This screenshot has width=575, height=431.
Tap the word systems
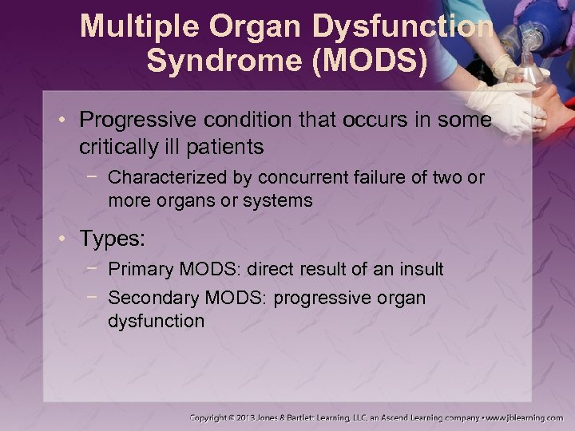pos(277,200)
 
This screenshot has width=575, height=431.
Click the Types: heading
pos(111,238)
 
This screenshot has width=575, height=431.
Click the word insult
pos(421,270)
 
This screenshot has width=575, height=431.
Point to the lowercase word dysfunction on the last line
pos(156,321)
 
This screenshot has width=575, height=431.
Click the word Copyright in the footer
pos(215,417)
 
